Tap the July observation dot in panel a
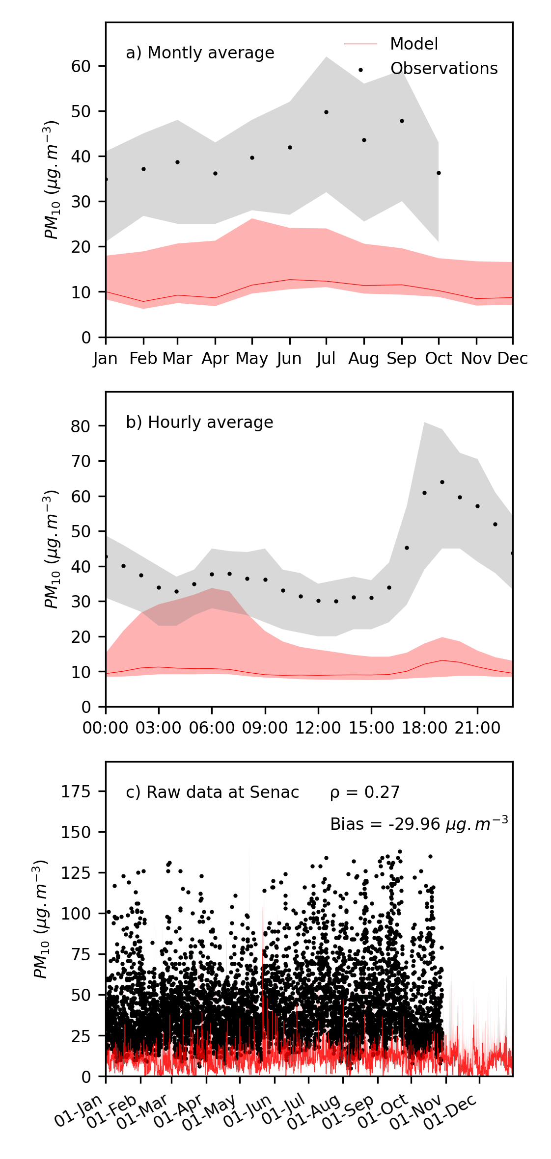tap(326, 112)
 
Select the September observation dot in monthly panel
tap(402, 121)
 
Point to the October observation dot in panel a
tap(439, 173)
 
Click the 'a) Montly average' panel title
tap(200, 53)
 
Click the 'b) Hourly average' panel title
tap(199, 422)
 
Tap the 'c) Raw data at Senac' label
tap(212, 792)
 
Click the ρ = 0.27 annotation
tap(365, 792)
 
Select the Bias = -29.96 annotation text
tap(419, 824)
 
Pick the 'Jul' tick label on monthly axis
tap(326, 359)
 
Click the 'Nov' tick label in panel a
tap(476, 359)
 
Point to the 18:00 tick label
tap(424, 728)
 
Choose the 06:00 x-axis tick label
tap(212, 728)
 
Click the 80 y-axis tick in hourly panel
tap(81, 426)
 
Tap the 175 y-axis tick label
tap(76, 791)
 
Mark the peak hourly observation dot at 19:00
tap(442, 482)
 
